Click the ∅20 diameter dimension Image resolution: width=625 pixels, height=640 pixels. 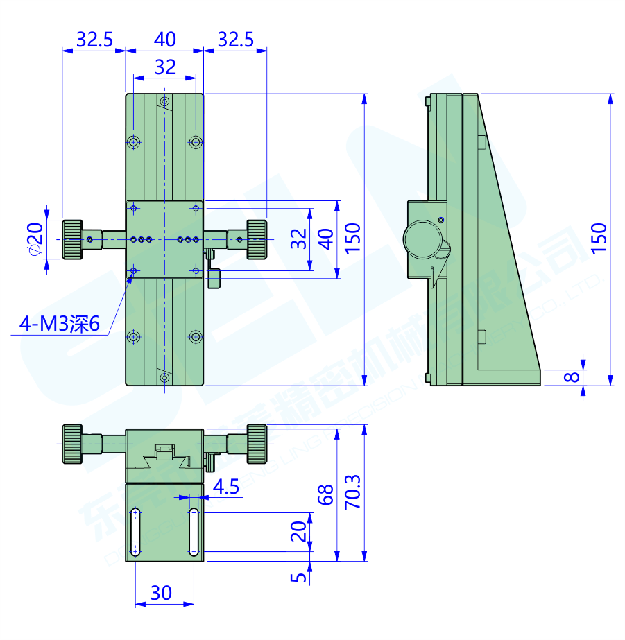(34, 239)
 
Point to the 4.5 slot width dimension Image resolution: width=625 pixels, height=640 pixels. (225, 487)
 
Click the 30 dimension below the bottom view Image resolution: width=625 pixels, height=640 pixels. (162, 593)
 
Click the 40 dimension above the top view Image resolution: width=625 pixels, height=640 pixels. (164, 40)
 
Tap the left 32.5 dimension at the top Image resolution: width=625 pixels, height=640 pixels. (94, 40)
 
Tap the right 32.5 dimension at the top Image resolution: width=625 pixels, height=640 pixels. (235, 40)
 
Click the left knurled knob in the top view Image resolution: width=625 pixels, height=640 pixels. (72, 239)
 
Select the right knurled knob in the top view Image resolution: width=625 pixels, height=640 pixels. (256, 239)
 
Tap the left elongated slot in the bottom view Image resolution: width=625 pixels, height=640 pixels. (136, 533)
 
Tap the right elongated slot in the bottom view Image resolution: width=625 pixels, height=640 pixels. (194, 533)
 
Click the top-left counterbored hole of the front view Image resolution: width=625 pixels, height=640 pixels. (134, 142)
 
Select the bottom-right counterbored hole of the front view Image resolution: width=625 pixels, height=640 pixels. (196, 337)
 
